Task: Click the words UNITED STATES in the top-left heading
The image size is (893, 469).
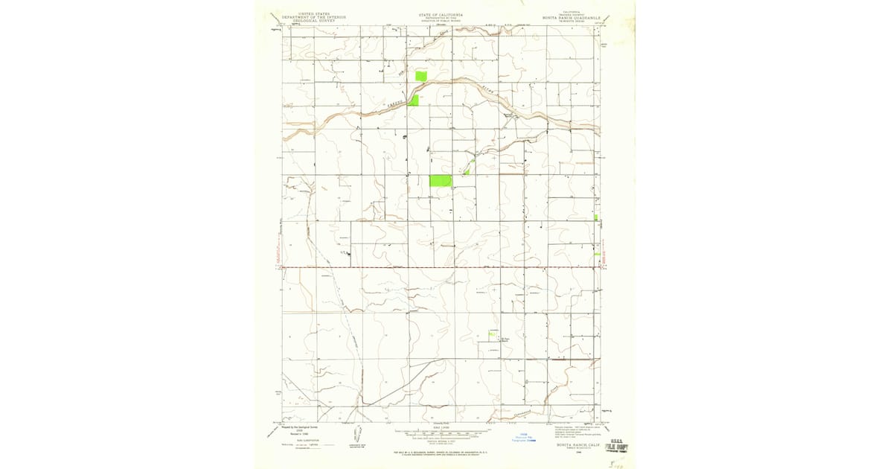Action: coord(313,13)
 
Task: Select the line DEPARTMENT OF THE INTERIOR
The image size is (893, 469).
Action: coord(313,17)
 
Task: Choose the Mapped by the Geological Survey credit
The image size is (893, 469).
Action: coord(298,427)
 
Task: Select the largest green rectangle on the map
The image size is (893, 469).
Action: coord(441,181)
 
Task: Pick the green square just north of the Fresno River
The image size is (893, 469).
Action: coord(420,76)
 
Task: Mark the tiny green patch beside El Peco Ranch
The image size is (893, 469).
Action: coord(492,334)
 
